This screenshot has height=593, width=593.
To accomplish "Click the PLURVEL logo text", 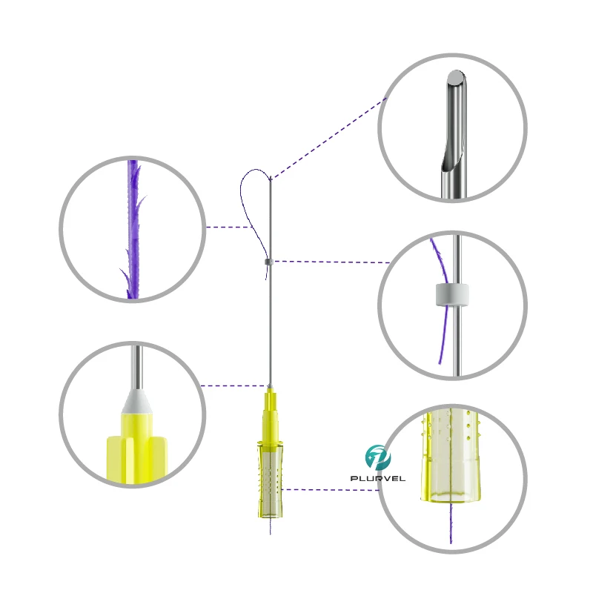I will [x=377, y=479].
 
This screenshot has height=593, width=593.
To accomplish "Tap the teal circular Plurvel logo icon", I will [x=377, y=457].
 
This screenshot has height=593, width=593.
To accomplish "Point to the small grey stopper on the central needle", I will [x=268, y=261].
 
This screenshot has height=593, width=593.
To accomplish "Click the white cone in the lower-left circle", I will [x=134, y=400].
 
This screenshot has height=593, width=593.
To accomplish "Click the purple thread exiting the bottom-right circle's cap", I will [x=450, y=526].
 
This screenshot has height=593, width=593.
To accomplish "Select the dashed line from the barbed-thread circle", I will [x=226, y=227].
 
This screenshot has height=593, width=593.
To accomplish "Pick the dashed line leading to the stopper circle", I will [x=330, y=262].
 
